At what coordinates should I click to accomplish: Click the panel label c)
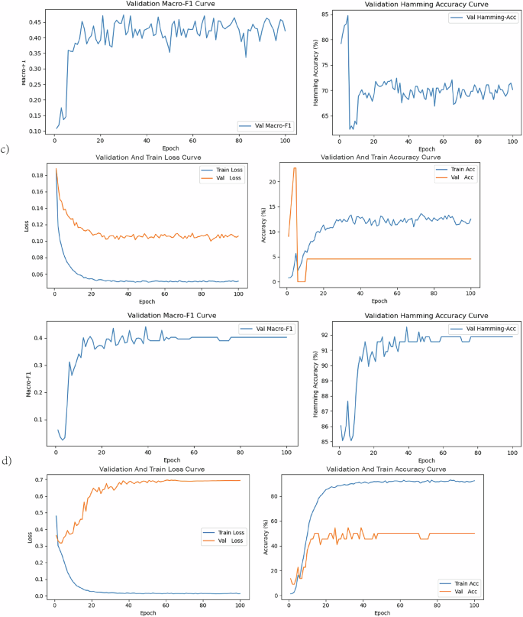point(5,149)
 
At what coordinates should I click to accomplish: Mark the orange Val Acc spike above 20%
point(295,168)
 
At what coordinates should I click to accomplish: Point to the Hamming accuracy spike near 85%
point(347,16)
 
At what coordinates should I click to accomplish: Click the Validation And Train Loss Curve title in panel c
point(144,157)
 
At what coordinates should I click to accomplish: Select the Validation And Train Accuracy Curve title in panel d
point(386,468)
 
